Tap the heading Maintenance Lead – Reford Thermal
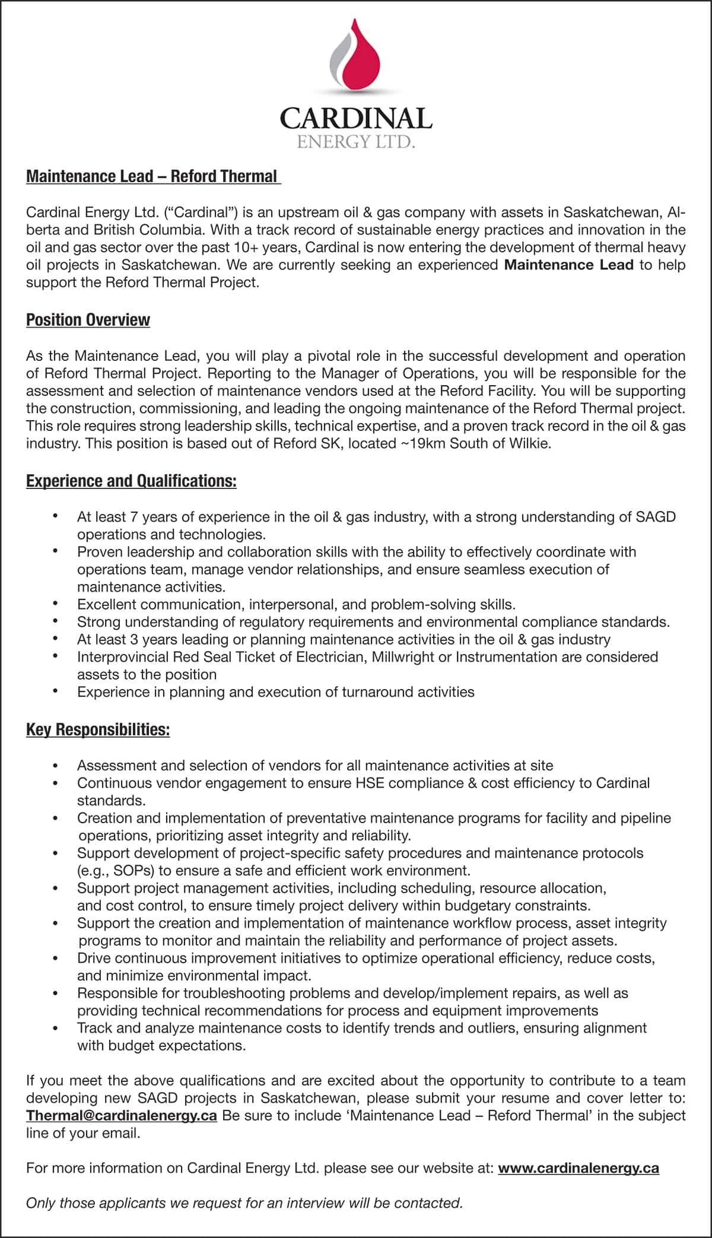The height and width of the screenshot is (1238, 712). pyautogui.click(x=152, y=177)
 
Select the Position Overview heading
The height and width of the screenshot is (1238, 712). pyautogui.click(x=88, y=320)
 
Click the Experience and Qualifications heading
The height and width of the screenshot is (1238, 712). pyautogui.click(x=131, y=481)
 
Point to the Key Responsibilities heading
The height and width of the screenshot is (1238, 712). pyautogui.click(x=98, y=729)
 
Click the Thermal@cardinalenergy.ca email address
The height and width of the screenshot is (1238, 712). pyautogui.click(x=122, y=1115)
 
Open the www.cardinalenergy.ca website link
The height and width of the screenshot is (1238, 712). pyautogui.click(x=578, y=1168)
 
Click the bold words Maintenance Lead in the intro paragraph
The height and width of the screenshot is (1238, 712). pyautogui.click(x=568, y=265)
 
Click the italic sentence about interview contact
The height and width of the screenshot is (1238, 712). pyautogui.click(x=244, y=1203)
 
